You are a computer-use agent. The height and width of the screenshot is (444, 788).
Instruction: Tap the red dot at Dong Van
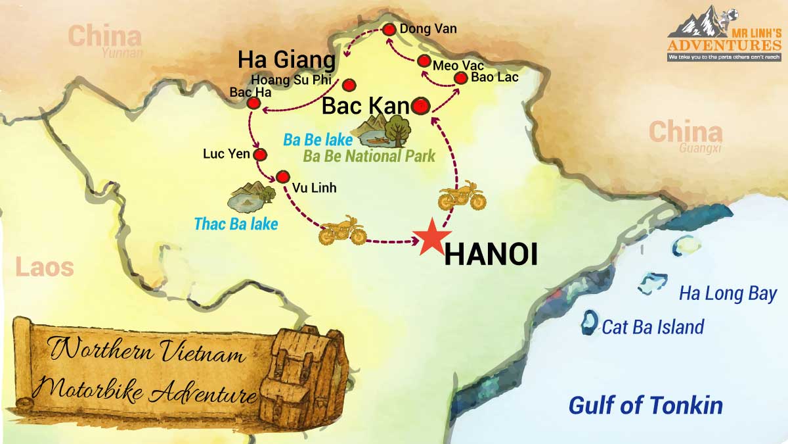point(389,30)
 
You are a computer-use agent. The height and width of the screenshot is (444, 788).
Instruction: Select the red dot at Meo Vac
point(424,61)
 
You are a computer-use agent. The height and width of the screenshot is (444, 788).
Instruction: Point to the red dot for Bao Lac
point(462,78)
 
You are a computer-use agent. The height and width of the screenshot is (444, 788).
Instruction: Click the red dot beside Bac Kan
point(421,105)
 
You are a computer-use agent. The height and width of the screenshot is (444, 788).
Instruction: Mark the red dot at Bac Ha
point(253,103)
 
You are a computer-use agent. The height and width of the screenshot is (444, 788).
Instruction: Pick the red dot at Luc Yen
point(260,155)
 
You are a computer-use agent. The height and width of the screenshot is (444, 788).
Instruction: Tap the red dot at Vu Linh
point(283,176)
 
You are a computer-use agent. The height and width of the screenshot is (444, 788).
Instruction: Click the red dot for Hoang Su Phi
point(349,85)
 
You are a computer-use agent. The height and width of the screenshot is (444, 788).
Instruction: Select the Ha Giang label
point(286,60)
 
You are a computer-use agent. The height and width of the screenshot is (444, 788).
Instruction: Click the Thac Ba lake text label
point(236,224)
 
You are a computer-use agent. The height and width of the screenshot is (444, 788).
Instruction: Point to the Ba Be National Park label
point(368,157)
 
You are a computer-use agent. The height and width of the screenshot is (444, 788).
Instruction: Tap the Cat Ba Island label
point(653,327)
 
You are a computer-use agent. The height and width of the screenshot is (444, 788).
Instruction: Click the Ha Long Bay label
point(728,293)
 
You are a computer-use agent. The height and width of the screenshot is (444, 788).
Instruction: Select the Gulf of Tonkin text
point(646,405)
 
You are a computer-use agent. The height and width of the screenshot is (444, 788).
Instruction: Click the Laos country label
point(44,268)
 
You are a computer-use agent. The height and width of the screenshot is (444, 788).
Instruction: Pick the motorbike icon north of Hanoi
point(462,195)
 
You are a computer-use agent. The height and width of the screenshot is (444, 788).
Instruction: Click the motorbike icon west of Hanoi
point(341,230)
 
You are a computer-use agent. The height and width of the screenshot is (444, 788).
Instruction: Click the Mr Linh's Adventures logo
point(724,36)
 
